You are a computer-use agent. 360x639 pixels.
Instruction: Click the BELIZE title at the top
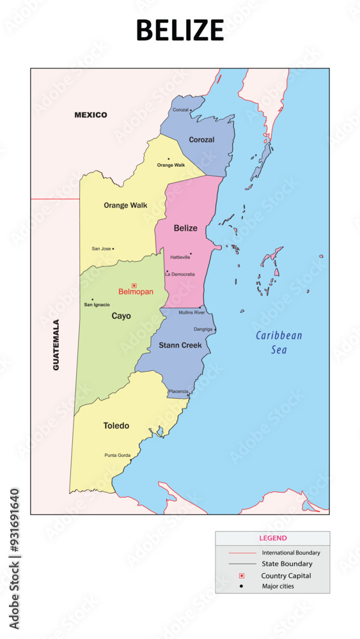point(180,30)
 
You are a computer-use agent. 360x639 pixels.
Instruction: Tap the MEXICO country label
point(91,115)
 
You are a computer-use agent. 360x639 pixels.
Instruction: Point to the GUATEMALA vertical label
point(56,345)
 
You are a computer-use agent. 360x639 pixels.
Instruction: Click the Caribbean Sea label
point(279,343)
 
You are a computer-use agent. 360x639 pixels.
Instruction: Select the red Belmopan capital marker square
point(134,286)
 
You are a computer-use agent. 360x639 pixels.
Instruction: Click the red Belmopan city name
point(136,291)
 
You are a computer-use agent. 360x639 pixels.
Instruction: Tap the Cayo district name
point(121,316)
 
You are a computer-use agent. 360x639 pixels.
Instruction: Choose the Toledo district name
point(116,426)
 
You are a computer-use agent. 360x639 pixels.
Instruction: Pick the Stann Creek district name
point(180,345)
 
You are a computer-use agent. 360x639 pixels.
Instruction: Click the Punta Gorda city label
point(118,456)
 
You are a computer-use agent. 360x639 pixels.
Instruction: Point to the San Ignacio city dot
point(92,299)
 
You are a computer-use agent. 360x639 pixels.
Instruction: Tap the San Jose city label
point(101,249)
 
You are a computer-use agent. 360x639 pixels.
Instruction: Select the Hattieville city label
point(180,258)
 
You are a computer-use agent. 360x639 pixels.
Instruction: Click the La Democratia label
point(180,274)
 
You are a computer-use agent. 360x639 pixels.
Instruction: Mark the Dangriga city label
point(203,330)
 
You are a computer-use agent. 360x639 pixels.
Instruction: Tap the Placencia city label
point(178,391)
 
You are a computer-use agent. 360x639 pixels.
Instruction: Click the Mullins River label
point(192,312)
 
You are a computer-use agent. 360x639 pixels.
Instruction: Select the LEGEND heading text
point(272,539)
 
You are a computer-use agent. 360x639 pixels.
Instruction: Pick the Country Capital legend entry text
point(286,576)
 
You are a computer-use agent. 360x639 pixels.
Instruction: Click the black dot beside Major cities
point(242,586)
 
